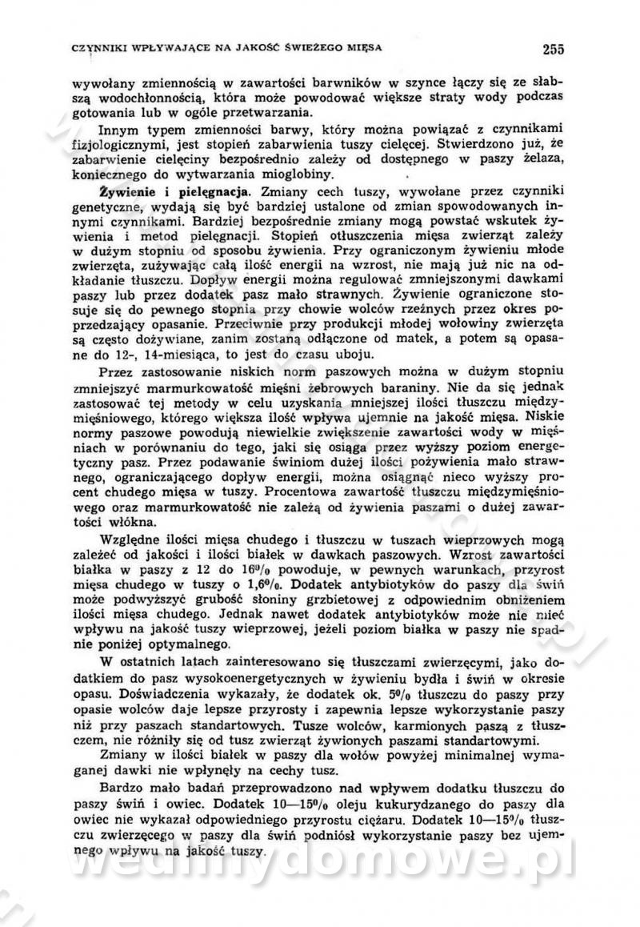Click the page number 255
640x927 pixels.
click(x=553, y=49)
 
